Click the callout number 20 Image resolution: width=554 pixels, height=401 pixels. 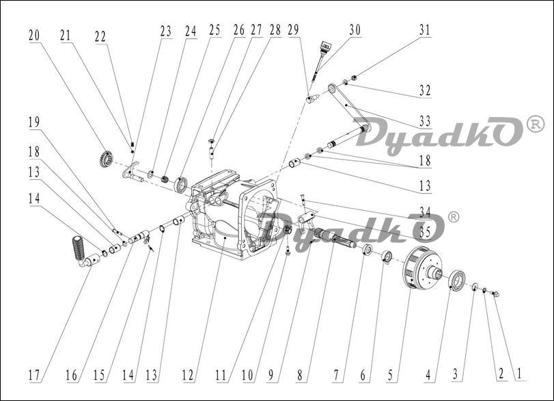pyautogui.click(x=34, y=36)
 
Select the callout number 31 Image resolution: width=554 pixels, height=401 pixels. pyautogui.click(x=425, y=30)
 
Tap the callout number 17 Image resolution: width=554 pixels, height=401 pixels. pyautogui.click(x=34, y=375)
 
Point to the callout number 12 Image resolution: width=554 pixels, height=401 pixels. pyautogui.click(x=188, y=375)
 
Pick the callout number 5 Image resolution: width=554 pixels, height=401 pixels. pyautogui.click(x=391, y=375)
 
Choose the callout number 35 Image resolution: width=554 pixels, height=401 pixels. pyautogui.click(x=425, y=232)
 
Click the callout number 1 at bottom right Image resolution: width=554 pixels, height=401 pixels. pyautogui.click(x=519, y=373)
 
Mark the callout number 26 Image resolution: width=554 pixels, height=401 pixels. pyautogui.click(x=239, y=30)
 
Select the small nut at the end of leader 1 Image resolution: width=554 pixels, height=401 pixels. pyautogui.click(x=496, y=294)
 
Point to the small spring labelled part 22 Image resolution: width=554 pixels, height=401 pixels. pyautogui.click(x=133, y=144)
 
